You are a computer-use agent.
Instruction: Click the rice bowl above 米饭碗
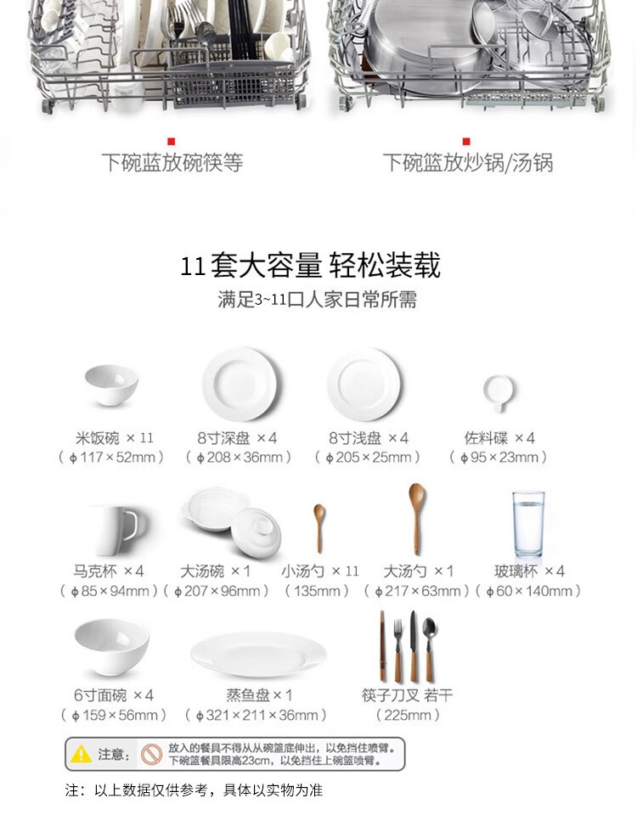[111, 385]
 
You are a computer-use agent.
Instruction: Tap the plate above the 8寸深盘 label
[240, 385]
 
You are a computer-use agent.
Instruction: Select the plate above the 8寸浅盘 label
[364, 385]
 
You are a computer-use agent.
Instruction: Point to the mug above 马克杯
[119, 530]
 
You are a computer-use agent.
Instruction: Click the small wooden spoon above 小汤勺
[319, 527]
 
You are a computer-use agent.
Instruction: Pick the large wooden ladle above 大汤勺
[416, 518]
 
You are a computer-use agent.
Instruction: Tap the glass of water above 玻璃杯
[528, 525]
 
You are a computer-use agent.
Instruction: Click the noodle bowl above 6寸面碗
[112, 647]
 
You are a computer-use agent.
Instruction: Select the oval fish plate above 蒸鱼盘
[258, 655]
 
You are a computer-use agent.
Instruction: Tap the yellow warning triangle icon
[82, 754]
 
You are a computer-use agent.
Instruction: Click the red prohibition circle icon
[152, 754]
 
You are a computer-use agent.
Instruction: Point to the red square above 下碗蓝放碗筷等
[172, 142]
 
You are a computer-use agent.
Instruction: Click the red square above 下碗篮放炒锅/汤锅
[466, 142]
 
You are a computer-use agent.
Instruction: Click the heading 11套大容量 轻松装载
[311, 265]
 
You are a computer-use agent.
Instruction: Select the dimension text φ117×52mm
[112, 458]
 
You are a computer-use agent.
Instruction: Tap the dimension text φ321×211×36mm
[256, 715]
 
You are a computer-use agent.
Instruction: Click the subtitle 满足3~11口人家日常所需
[317, 300]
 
